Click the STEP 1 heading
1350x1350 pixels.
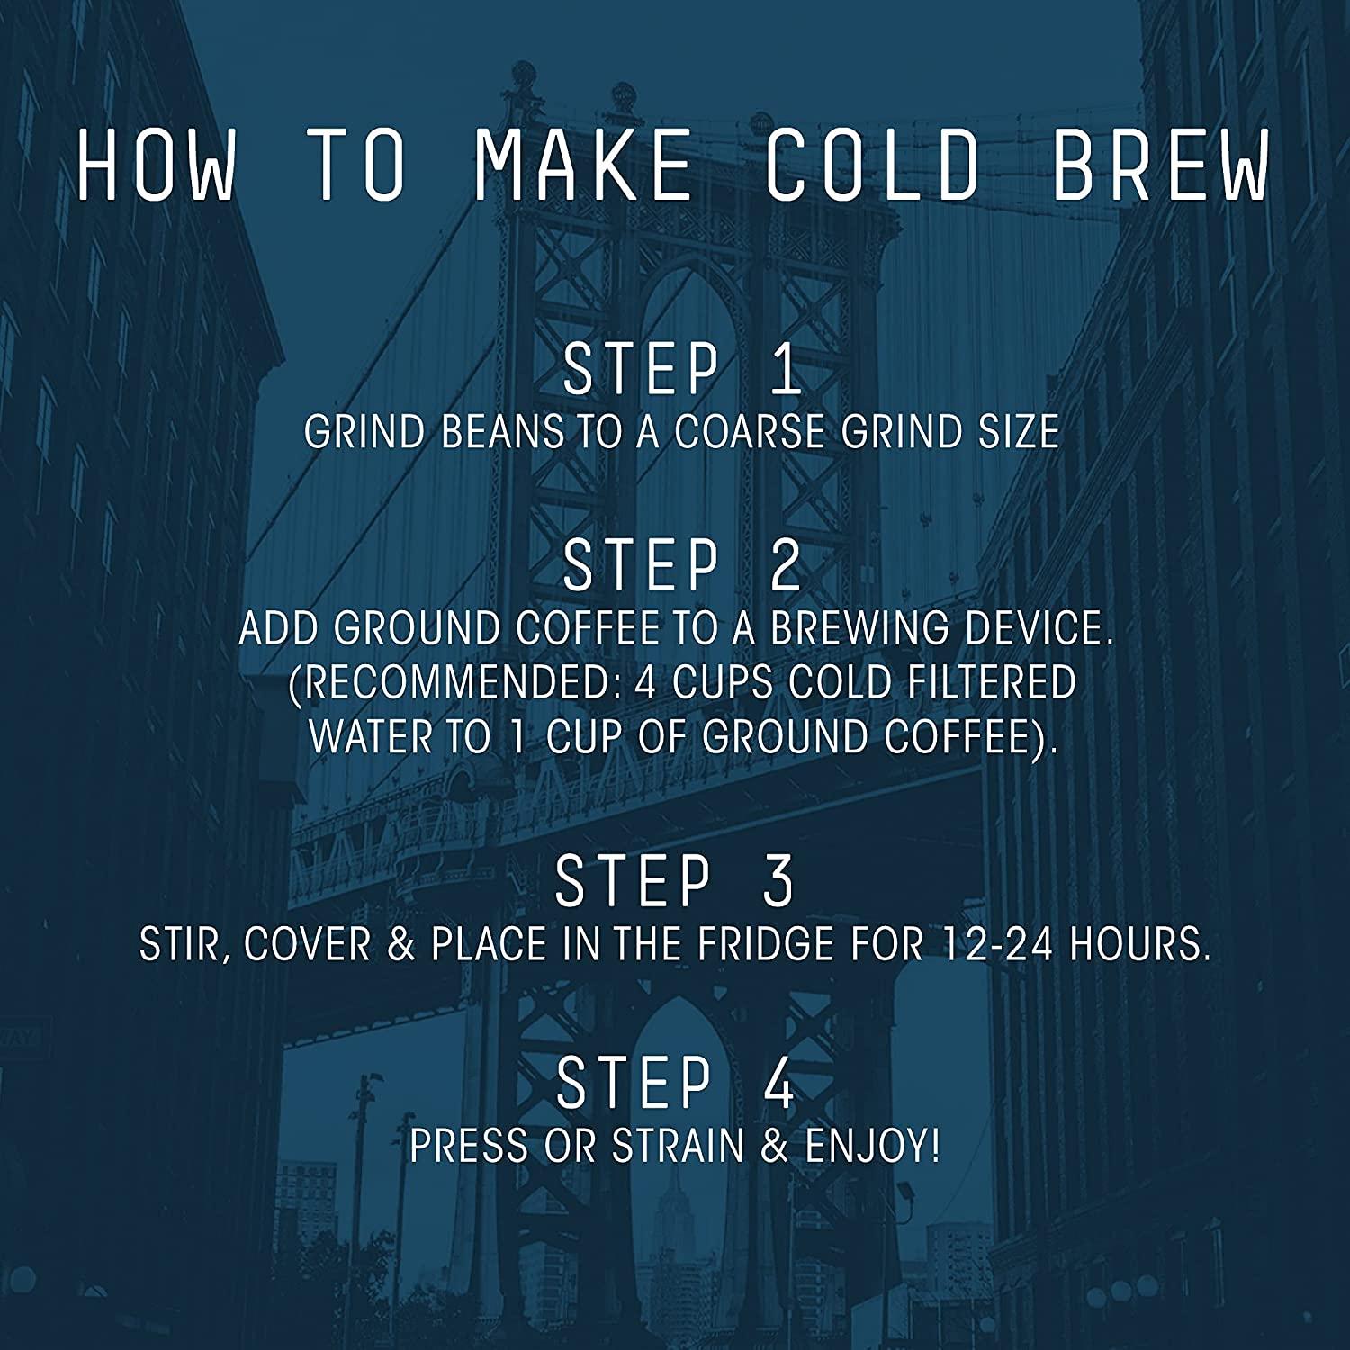coord(681,369)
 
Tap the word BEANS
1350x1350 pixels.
coord(502,433)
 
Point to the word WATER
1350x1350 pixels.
coord(373,737)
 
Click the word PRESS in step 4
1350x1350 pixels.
coord(468,1147)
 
